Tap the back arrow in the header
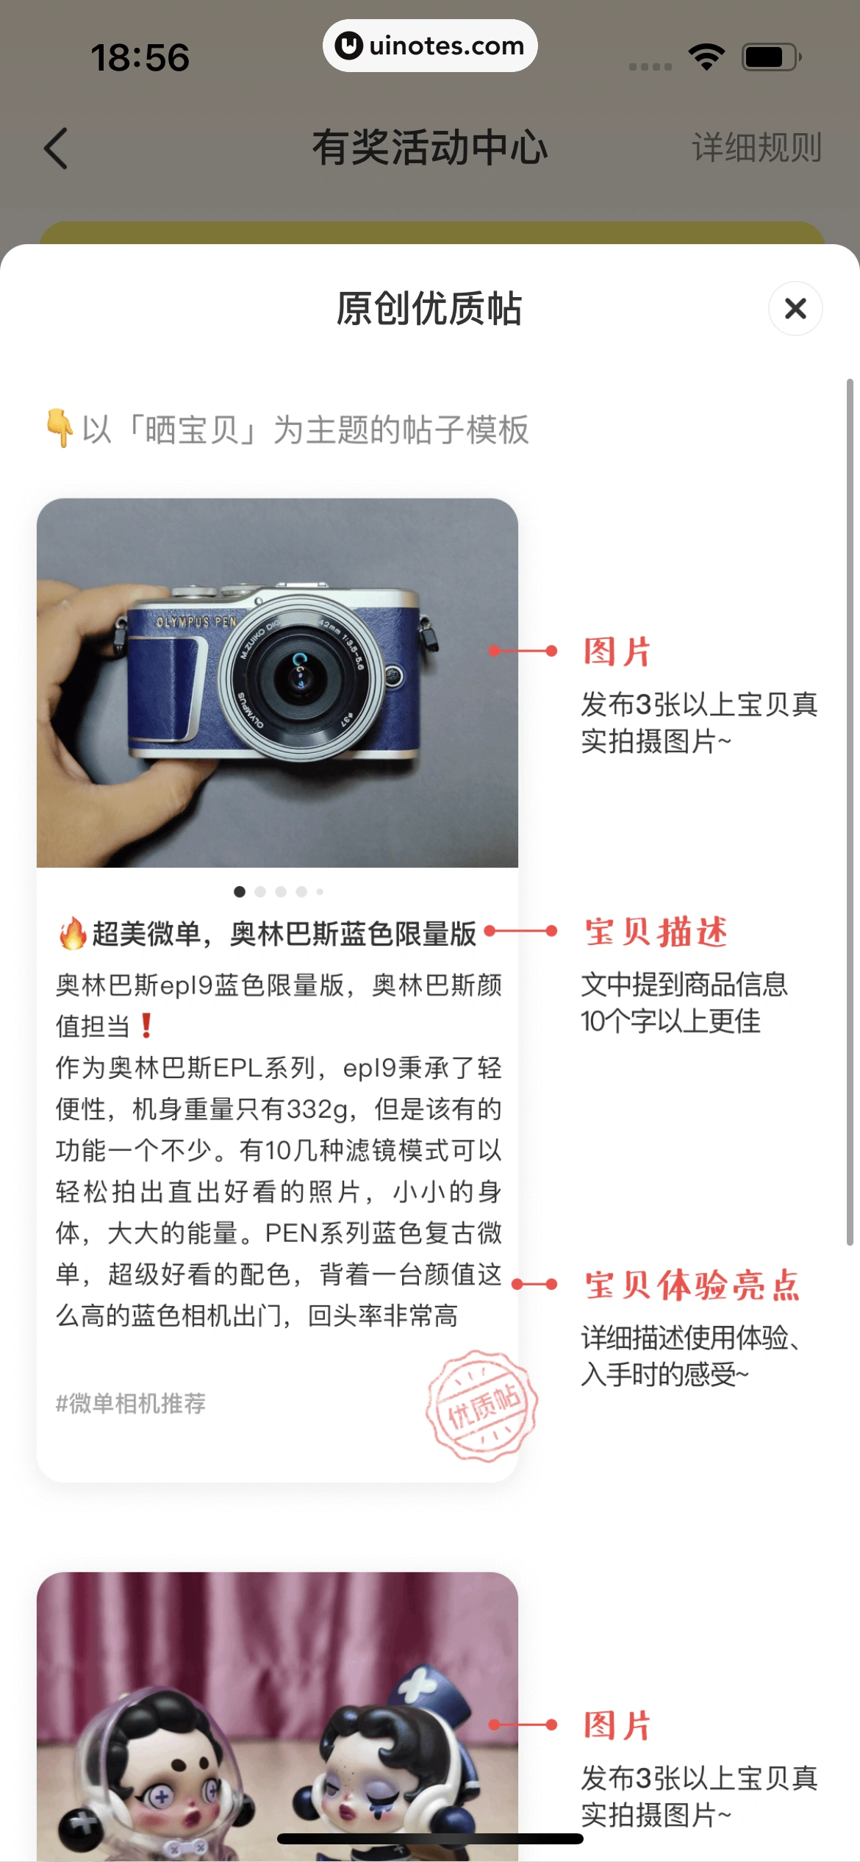[x=56, y=148]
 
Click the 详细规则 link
[x=756, y=148]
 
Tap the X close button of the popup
[x=795, y=308]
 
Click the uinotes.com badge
[x=430, y=46]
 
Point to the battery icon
[x=771, y=57]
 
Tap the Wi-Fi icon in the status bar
[x=706, y=57]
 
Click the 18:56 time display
[x=140, y=58]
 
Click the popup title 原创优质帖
[x=429, y=308]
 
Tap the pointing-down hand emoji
[x=60, y=428]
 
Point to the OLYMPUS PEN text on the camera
[x=196, y=622]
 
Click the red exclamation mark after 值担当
[x=146, y=1025]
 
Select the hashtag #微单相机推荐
[x=131, y=1404]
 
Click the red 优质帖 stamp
[x=482, y=1405]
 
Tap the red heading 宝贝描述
[x=656, y=932]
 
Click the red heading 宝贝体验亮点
[x=692, y=1285]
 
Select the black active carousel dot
[x=240, y=892]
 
